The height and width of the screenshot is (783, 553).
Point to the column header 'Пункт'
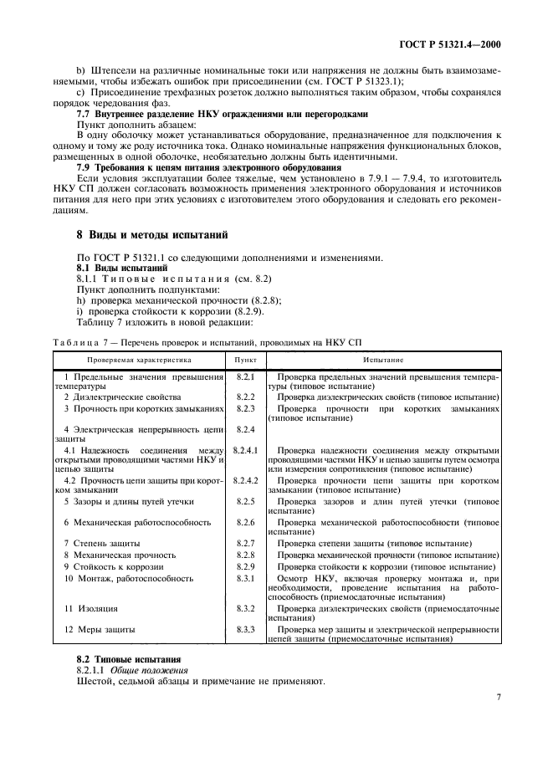(245, 360)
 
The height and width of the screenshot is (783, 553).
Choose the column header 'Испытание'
(383, 360)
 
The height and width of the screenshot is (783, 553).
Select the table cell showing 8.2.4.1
(245, 450)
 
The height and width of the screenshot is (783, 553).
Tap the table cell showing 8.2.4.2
(245, 480)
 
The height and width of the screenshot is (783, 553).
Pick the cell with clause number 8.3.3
(245, 629)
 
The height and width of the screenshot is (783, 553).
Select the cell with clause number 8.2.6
(245, 522)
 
